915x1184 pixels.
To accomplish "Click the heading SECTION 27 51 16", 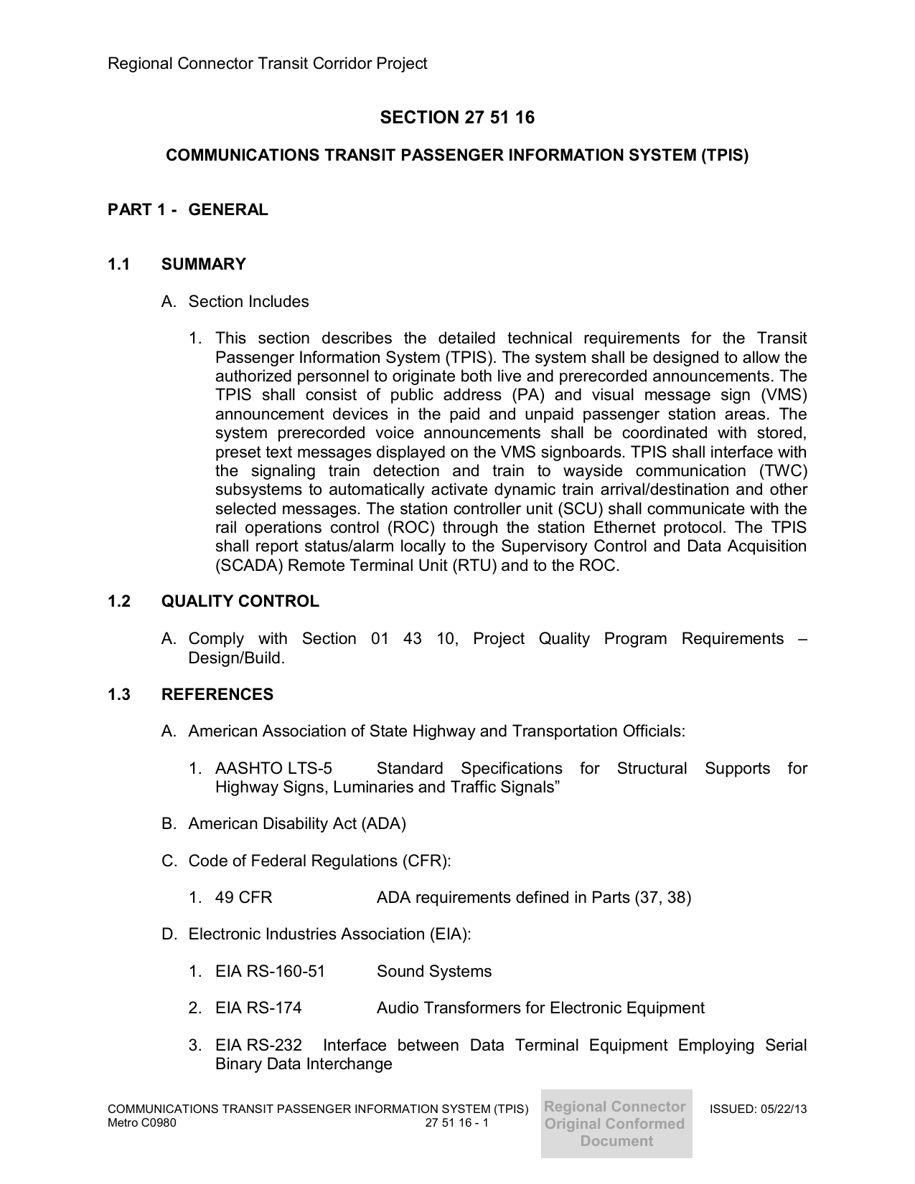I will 457,118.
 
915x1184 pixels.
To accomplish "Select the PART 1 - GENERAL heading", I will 187,210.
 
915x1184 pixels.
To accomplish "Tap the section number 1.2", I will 119,602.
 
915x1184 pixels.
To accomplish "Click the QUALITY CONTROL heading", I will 240,602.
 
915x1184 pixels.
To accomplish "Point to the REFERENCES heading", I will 217,695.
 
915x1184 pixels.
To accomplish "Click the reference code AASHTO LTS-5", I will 273,769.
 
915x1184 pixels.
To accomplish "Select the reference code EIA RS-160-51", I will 270,972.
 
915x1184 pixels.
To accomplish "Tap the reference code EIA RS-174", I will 258,1008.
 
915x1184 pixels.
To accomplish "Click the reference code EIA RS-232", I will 258,1046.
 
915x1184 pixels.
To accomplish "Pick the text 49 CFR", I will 243,898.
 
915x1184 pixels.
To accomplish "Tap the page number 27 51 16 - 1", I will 456,1122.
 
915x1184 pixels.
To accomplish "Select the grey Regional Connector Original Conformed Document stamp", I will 616,1124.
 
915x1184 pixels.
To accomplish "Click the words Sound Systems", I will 434,972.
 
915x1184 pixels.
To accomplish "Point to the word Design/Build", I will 236,658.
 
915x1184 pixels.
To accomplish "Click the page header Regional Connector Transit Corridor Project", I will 267,64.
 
